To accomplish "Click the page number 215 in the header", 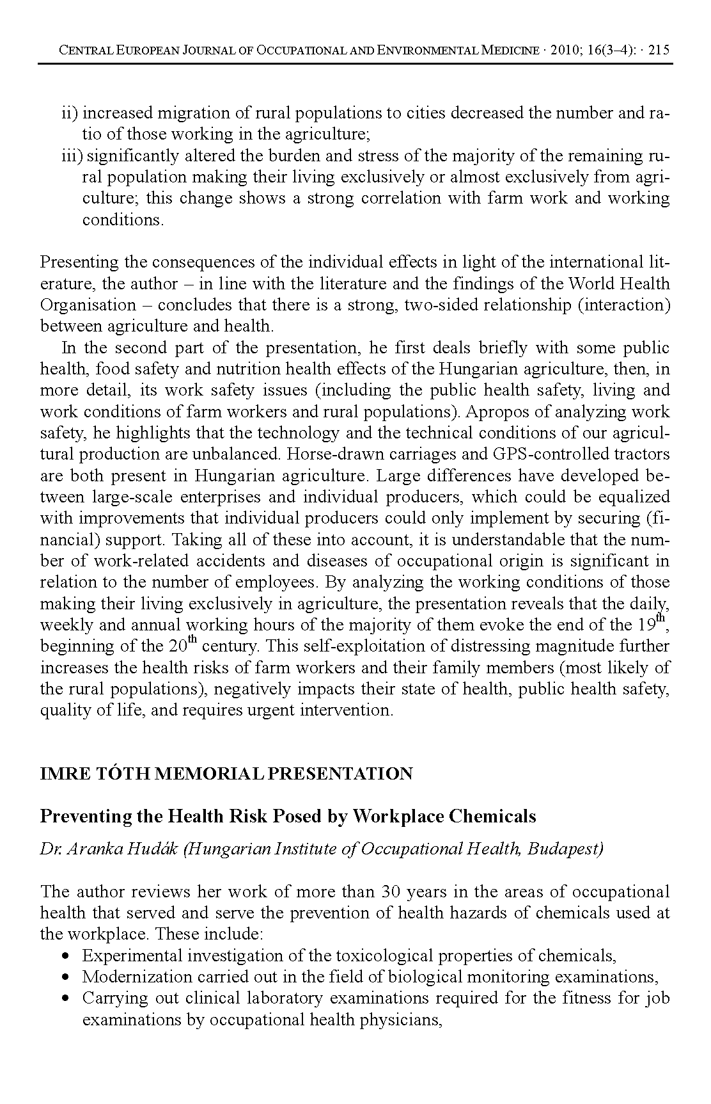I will tap(659, 51).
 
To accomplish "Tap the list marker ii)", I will tap(69, 113).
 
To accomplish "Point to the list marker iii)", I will tap(72, 156).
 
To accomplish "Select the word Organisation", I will tap(88, 305).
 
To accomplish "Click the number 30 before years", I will tap(391, 892).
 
